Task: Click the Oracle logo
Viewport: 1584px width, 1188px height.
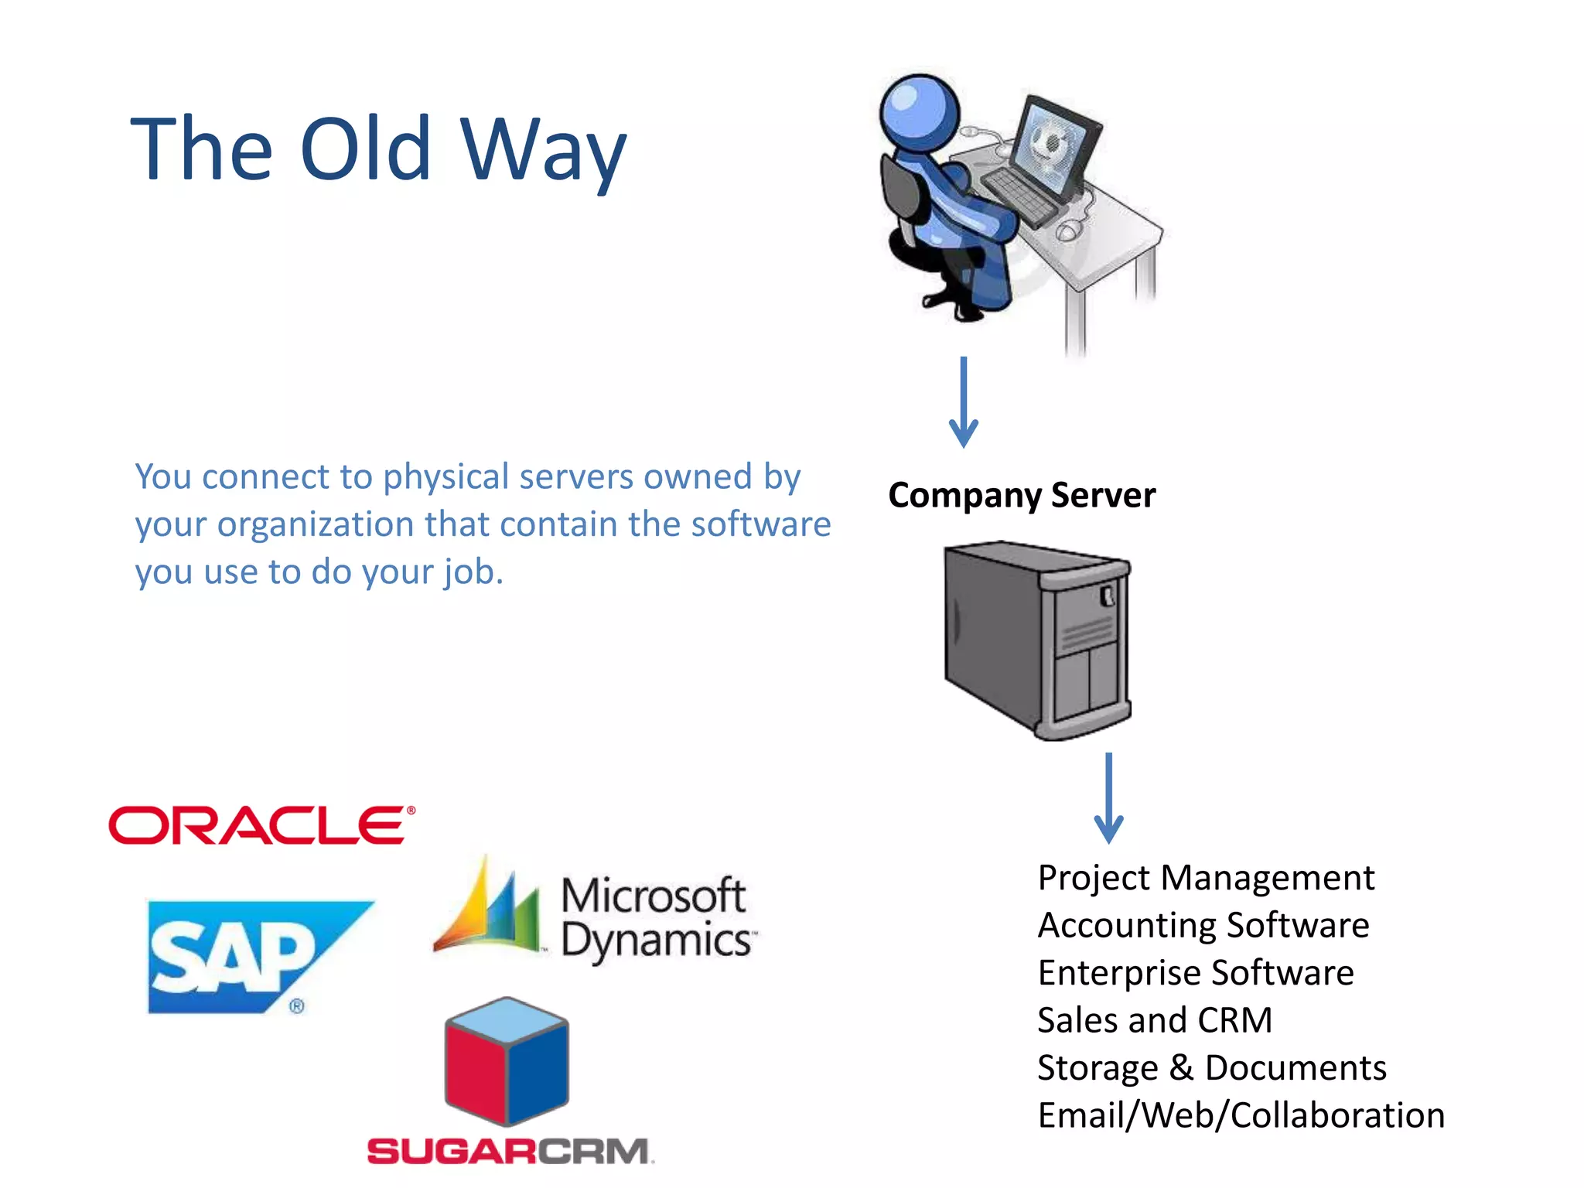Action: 261,825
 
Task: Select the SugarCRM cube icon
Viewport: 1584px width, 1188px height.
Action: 507,1060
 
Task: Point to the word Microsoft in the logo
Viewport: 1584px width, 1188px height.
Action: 654,896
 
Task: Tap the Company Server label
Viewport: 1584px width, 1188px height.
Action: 1022,495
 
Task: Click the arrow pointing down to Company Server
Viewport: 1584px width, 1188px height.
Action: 964,402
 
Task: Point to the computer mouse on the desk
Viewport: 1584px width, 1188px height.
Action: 1069,230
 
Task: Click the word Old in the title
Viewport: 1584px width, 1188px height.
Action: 365,148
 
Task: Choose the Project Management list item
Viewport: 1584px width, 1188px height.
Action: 1206,878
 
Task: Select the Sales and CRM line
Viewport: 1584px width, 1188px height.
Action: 1155,1020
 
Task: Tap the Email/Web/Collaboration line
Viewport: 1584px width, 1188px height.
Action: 1241,1115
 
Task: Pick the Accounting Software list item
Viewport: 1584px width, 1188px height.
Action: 1203,925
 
